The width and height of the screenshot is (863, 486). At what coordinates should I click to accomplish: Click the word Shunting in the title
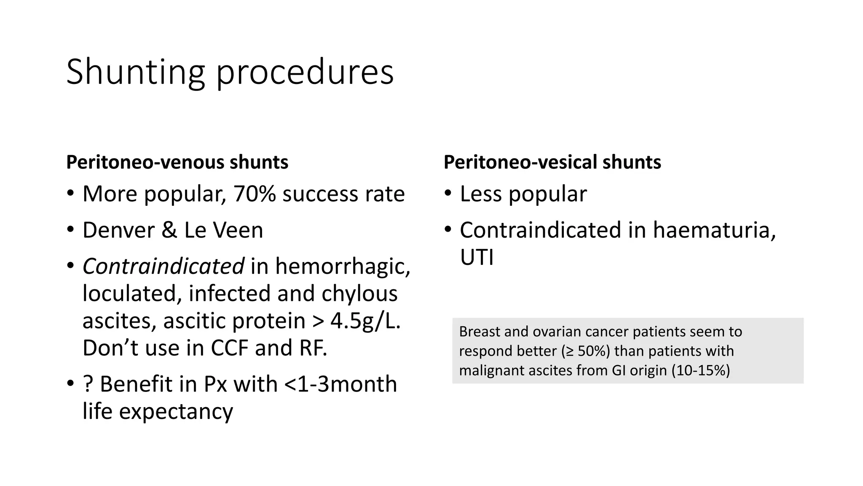pos(135,73)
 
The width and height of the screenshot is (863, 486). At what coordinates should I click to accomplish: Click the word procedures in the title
pos(305,73)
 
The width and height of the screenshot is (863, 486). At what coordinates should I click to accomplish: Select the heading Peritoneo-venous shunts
pos(177,162)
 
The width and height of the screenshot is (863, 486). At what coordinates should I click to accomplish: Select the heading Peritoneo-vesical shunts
pos(552,162)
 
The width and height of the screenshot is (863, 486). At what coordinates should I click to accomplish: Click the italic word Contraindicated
pos(163,267)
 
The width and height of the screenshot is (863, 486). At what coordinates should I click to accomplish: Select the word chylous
pos(359,294)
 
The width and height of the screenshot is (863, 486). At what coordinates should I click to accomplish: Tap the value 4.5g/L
pos(365,321)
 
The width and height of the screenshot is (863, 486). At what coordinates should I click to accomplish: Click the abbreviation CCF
pos(229,348)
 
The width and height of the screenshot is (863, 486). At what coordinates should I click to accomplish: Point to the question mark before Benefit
pos(88,384)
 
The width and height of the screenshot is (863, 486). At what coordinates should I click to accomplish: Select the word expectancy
pos(176,412)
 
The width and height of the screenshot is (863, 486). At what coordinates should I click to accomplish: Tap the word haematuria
pos(714,230)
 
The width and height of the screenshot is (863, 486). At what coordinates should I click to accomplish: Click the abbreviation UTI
pos(476,257)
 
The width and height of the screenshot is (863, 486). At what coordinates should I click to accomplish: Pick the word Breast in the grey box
pos(479,332)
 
